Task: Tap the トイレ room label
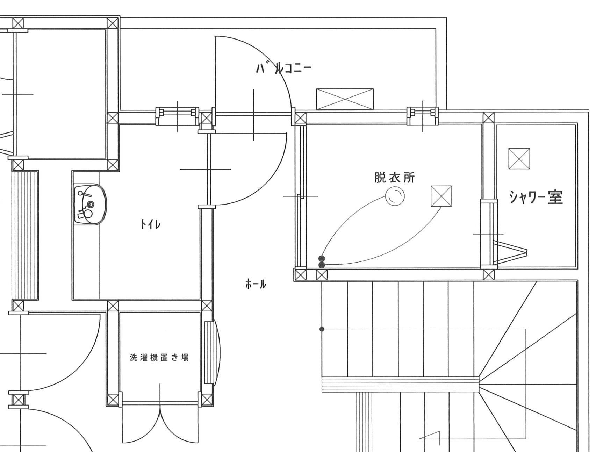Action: [150, 224]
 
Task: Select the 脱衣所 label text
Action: [394, 178]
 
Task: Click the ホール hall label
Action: [256, 284]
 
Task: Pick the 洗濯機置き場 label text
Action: [159, 357]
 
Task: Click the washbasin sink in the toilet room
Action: [90, 205]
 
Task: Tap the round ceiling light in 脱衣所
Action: [395, 196]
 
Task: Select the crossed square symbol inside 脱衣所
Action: [441, 196]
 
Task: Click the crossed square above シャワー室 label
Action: [519, 159]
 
